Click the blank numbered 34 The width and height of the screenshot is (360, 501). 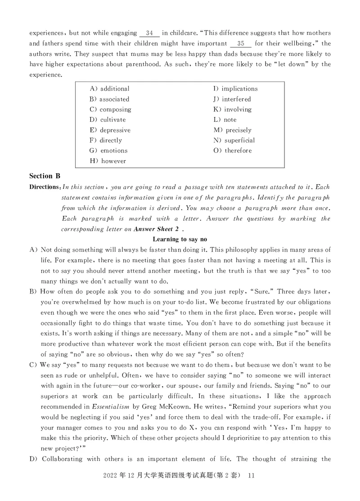(x=150, y=33)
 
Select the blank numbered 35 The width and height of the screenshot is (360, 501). (x=241, y=43)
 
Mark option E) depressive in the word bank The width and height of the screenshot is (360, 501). (x=110, y=130)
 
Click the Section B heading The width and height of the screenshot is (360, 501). (x=45, y=176)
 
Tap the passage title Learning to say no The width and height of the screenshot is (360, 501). (x=180, y=239)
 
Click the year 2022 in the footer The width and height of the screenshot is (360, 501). (x=111, y=475)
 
